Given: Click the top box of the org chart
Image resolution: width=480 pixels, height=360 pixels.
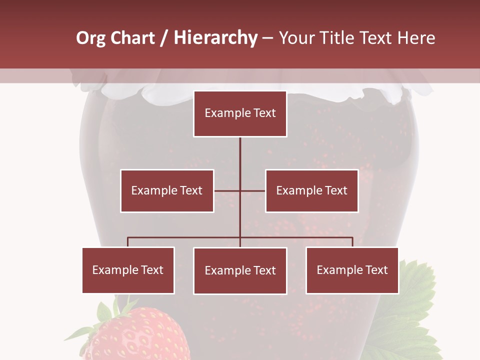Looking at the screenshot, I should point(240,113).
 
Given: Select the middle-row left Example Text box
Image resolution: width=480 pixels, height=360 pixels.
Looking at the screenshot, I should point(167,190).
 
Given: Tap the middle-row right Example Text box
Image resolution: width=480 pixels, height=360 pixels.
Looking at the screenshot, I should point(311,190).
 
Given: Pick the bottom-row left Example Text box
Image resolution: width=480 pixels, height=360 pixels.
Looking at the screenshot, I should point(128,270).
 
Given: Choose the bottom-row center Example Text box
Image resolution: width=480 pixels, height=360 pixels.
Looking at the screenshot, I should point(240,270).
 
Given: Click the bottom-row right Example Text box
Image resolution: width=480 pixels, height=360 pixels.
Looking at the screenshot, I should point(352,270).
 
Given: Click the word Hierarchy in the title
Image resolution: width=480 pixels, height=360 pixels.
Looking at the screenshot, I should point(215,38).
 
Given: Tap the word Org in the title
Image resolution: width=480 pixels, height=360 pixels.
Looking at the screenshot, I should point(90,38).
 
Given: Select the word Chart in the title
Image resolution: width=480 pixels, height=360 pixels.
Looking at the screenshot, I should point(132,38).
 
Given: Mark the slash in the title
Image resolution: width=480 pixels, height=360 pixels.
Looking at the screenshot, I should point(164,38).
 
